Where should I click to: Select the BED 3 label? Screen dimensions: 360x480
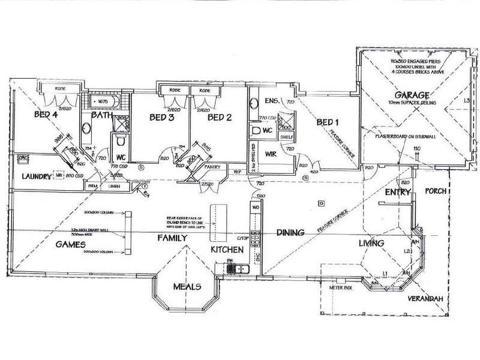tap(161, 117)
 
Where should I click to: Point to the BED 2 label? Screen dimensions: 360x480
tap(220, 117)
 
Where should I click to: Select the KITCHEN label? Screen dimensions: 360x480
tap(226, 248)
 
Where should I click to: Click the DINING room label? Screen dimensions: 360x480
tap(292, 232)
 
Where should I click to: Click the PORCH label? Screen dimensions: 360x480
tap(435, 191)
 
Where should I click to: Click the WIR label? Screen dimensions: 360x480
tap(269, 154)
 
